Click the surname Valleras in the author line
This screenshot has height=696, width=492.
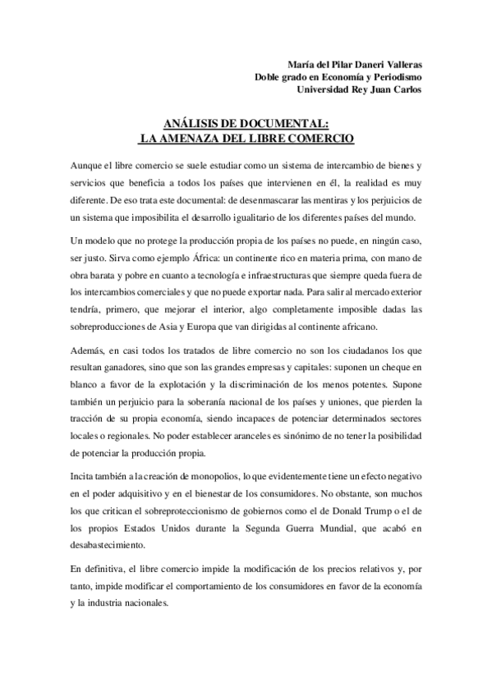[398, 65]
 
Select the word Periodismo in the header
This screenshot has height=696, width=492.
[392, 77]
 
